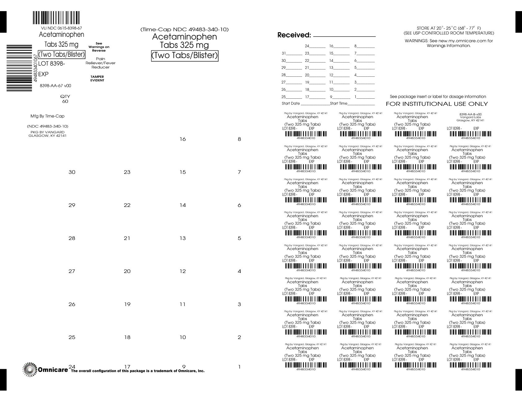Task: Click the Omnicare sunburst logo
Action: [x=30, y=369]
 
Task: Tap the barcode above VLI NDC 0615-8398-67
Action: [x=56, y=18]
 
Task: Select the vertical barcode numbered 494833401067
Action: [x=19, y=68]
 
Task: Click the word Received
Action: [x=294, y=35]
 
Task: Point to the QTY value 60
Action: [x=65, y=101]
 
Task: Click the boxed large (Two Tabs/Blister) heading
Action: [x=185, y=56]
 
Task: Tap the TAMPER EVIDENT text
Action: [x=97, y=79]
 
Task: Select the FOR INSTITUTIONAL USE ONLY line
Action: [x=437, y=104]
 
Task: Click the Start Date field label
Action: [x=291, y=103]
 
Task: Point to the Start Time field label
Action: [x=339, y=103]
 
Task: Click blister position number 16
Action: [x=183, y=139]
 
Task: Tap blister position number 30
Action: [x=72, y=172]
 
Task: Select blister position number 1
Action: [x=239, y=367]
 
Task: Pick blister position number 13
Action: [x=183, y=238]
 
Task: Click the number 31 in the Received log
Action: [x=284, y=53]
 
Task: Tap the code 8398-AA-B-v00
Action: [x=470, y=114]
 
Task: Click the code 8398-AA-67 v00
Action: [x=55, y=86]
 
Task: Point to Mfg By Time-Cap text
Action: [x=47, y=116]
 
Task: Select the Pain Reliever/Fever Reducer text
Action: [x=101, y=63]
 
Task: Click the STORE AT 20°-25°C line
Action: [x=449, y=28]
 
